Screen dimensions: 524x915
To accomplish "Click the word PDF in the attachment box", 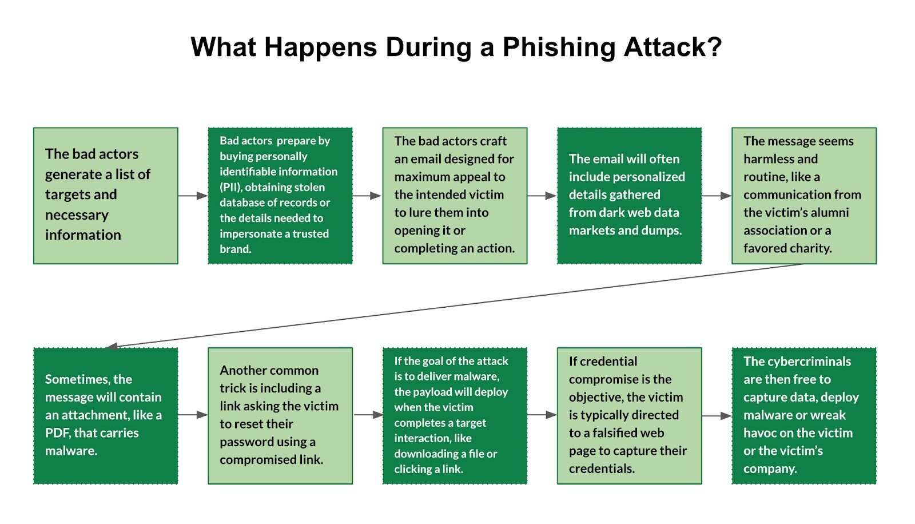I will (58, 433).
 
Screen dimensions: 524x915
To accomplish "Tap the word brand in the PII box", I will (234, 249).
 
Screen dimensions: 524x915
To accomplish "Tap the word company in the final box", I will (769, 469).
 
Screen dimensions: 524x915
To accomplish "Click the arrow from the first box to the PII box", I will (193, 196).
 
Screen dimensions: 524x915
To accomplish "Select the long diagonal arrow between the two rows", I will (455, 305).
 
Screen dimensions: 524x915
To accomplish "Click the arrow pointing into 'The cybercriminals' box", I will (717, 416).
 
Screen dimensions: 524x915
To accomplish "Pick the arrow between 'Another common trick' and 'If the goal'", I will (368, 415).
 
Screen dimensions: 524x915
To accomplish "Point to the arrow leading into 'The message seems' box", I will (717, 196).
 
